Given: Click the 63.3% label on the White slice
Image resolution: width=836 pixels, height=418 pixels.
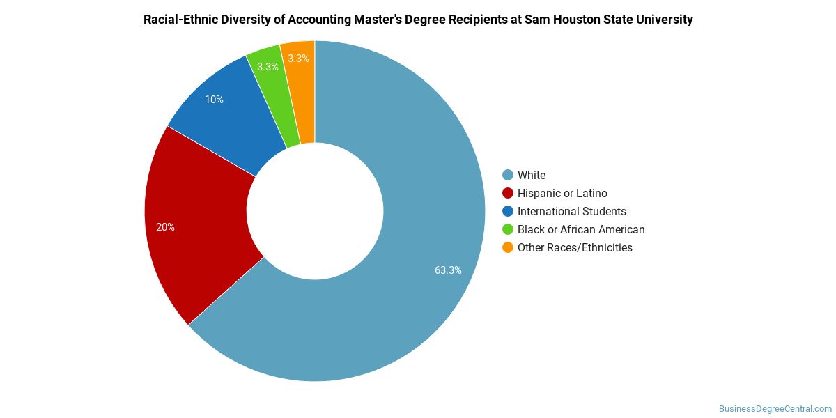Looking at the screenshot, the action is point(448,270).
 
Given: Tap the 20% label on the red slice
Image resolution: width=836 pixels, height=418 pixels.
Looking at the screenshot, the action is point(165,227).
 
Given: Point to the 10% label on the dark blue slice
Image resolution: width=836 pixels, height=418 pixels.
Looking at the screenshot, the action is point(215,100).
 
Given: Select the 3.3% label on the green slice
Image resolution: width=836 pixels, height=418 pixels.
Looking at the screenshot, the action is point(268,67).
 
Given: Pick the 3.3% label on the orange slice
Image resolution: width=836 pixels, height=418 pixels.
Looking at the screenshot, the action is point(298,59).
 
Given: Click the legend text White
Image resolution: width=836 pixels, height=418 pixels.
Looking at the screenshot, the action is point(532,175).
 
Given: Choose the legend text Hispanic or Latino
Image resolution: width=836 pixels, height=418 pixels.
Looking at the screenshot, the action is point(562,194).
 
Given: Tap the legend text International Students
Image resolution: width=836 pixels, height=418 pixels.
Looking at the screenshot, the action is point(572,212).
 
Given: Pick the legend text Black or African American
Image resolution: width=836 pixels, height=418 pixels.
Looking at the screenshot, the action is point(581,229).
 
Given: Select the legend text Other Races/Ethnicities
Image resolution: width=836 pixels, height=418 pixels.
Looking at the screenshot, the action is point(575,248).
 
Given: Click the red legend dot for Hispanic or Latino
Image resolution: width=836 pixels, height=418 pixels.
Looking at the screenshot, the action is point(508,194).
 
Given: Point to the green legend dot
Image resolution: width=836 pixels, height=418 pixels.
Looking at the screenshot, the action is point(508,229).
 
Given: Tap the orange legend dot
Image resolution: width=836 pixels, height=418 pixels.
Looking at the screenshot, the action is point(508,247).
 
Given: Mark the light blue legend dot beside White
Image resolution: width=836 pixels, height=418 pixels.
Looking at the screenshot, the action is point(508,175).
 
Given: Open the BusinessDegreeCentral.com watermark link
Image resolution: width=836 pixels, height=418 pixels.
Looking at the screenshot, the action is point(775,409).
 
